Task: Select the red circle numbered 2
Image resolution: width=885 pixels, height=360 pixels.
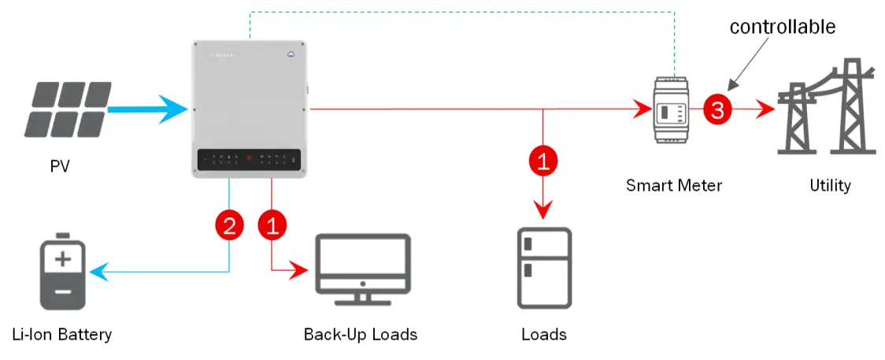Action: tap(229, 227)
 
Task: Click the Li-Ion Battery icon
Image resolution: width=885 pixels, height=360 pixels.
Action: tap(62, 272)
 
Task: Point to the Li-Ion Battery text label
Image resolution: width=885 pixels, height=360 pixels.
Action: tap(62, 334)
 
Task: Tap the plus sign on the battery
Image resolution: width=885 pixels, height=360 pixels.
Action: tap(63, 259)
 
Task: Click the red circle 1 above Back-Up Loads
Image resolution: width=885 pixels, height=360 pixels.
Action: tap(272, 227)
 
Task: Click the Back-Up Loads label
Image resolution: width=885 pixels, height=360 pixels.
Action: tap(361, 334)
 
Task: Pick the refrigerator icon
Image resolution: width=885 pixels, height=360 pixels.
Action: tap(543, 268)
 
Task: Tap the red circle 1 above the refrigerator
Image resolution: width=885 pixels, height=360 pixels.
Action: tap(543, 162)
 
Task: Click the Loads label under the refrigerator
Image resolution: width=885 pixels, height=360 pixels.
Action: tap(543, 334)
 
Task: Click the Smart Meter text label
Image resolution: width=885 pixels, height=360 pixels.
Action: tap(674, 186)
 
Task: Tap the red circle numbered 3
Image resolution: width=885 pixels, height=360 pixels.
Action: tap(717, 110)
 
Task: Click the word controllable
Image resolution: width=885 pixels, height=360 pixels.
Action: tap(782, 27)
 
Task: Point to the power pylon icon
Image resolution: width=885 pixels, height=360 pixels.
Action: tap(827, 106)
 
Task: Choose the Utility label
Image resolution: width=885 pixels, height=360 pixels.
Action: tap(830, 186)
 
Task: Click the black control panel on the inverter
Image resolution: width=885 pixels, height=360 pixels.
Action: tap(249, 160)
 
